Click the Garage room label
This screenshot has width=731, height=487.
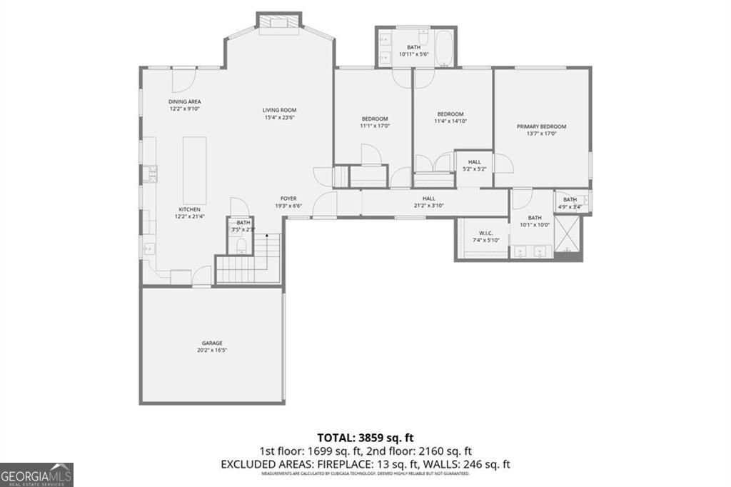[212, 343]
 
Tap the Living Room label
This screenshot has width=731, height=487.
[279, 110]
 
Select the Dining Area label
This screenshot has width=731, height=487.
[184, 102]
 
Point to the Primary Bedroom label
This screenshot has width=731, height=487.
[541, 126]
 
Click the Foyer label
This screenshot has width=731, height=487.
[288, 199]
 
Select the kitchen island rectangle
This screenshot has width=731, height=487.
[193, 170]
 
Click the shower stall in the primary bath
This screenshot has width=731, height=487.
[568, 235]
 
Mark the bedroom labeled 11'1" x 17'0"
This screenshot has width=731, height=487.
[374, 122]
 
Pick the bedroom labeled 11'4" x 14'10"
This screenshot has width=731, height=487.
[450, 118]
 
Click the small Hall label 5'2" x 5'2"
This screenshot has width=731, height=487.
[474, 166]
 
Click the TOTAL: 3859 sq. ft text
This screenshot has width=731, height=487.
[365, 437]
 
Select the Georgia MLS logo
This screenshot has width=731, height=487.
[36, 475]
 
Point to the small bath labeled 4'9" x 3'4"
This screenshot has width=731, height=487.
[570, 204]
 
